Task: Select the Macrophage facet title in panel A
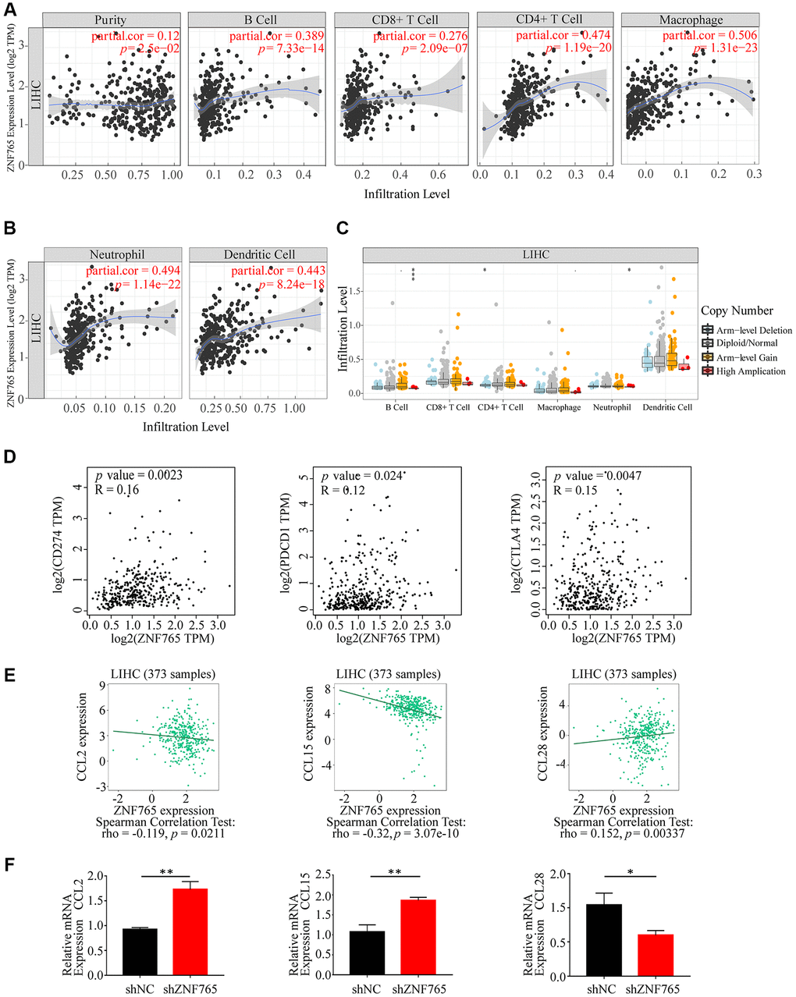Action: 691,20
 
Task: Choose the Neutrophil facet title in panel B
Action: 116,254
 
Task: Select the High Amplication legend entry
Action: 750,371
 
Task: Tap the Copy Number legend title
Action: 737,310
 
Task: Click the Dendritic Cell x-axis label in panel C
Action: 666,407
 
